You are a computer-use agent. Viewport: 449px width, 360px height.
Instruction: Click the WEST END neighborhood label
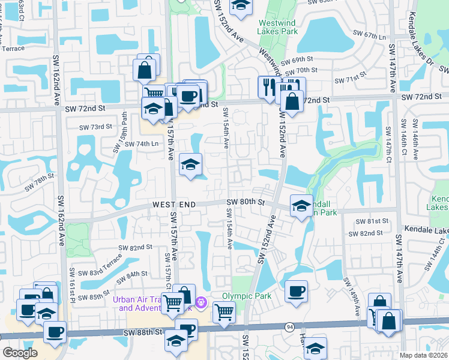click(173, 205)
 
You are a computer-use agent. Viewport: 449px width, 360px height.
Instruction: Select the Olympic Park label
click(247, 296)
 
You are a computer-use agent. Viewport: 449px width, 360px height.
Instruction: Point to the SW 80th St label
click(245, 202)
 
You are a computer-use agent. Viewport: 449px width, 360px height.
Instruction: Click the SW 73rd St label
click(97, 127)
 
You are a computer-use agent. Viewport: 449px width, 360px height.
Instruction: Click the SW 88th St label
click(143, 331)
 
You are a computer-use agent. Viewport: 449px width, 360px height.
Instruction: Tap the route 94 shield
click(289, 326)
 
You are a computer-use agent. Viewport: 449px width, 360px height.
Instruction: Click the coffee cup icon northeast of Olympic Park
click(297, 292)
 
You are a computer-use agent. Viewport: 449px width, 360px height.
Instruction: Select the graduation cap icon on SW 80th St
click(301, 206)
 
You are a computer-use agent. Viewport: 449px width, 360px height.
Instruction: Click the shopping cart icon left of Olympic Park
click(224, 311)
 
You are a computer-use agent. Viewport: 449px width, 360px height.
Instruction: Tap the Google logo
click(20, 353)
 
